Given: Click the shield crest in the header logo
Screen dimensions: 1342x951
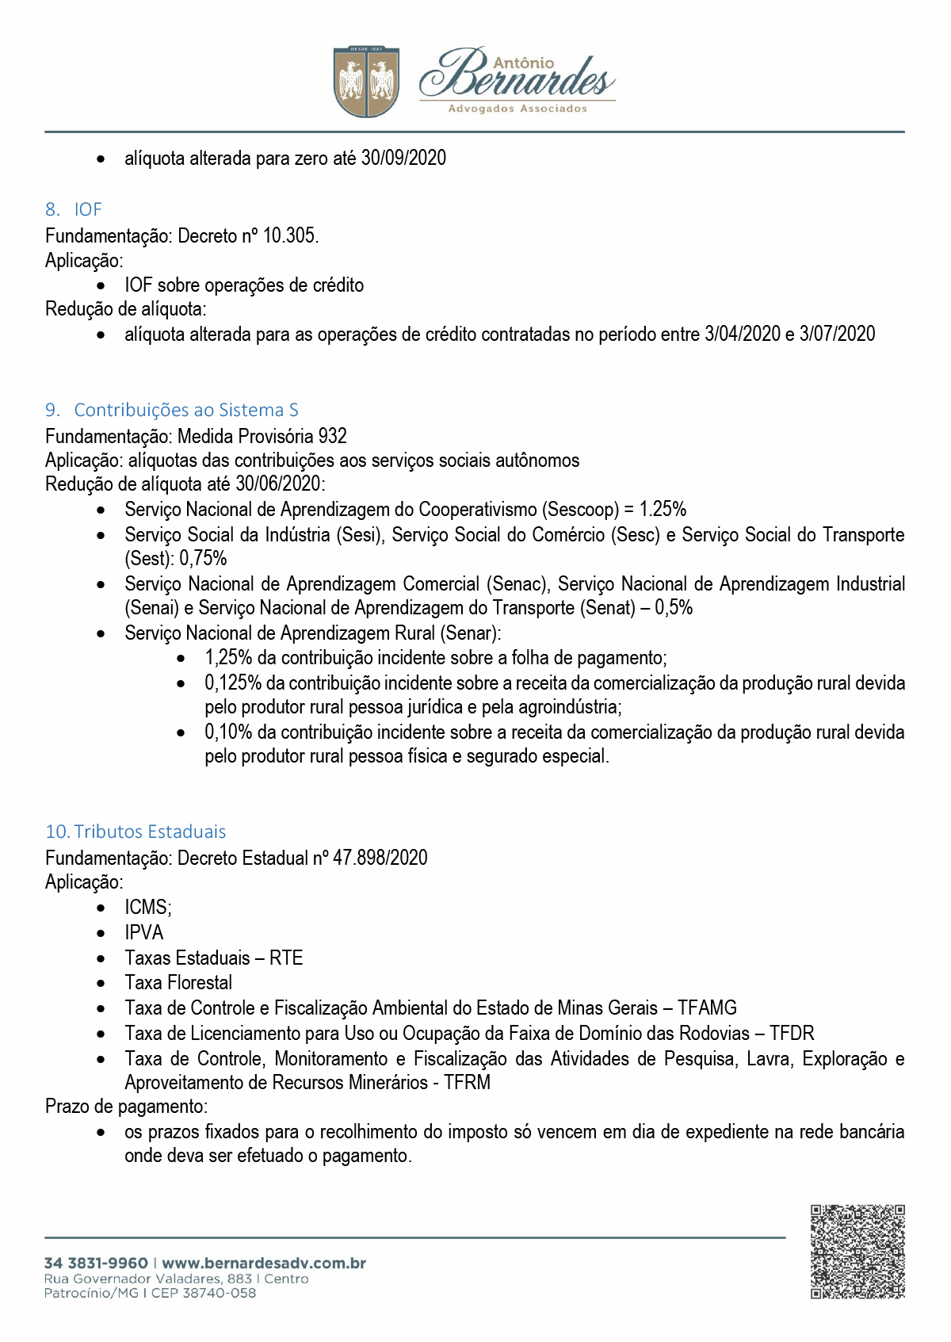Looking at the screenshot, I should pyautogui.click(x=366, y=82).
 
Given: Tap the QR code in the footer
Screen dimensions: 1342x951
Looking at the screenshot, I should pyautogui.click(x=857, y=1252).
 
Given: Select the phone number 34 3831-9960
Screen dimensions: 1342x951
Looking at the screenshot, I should pyautogui.click(x=96, y=1264).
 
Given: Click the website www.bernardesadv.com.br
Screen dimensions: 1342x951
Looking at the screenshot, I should pyautogui.click(x=264, y=1264).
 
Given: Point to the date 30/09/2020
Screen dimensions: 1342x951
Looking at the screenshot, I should pyautogui.click(x=403, y=158).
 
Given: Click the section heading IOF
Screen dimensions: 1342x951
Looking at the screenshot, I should pyautogui.click(x=88, y=209).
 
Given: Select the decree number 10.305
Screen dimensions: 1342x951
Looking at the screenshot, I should pyautogui.click(x=290, y=235).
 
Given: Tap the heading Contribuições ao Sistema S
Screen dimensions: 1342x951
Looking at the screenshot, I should pyautogui.click(x=186, y=410).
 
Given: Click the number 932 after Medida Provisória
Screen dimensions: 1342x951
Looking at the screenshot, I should pyautogui.click(x=332, y=436).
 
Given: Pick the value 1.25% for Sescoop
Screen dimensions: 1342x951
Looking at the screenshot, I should pyautogui.click(x=663, y=509).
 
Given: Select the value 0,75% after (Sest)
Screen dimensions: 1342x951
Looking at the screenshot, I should pyautogui.click(x=203, y=558).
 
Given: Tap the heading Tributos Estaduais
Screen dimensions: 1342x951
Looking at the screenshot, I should pyautogui.click(x=150, y=832).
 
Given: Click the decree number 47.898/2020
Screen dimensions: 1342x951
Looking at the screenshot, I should pyautogui.click(x=380, y=858).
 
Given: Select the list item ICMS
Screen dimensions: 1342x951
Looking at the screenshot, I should pyautogui.click(x=147, y=907).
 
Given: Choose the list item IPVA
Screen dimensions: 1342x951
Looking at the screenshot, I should pyautogui.click(x=143, y=932).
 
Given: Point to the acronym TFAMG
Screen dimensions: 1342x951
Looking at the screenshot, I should pyautogui.click(x=707, y=1007).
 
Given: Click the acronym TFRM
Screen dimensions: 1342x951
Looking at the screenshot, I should pyautogui.click(x=467, y=1082).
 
